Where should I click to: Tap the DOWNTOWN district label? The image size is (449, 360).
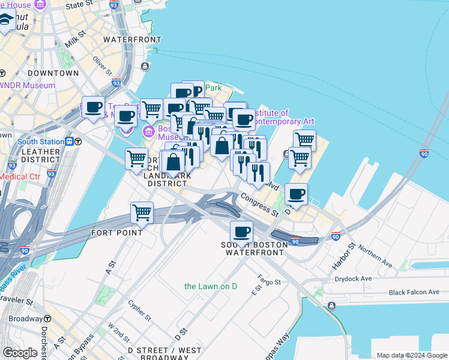[x=53, y=73]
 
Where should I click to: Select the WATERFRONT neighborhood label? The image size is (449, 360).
[x=133, y=40]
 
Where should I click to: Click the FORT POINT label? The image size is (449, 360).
[x=117, y=233]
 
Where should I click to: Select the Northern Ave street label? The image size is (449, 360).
[x=375, y=259]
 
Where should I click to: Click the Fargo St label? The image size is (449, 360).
[x=265, y=279]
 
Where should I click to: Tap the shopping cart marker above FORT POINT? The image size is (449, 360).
[x=142, y=212]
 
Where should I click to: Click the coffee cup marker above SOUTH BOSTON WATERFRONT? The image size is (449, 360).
[x=241, y=232]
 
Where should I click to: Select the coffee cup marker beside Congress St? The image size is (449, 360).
[x=297, y=194]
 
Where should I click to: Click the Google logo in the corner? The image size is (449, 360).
[x=20, y=353]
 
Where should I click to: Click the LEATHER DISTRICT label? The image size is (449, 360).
[x=40, y=155]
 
